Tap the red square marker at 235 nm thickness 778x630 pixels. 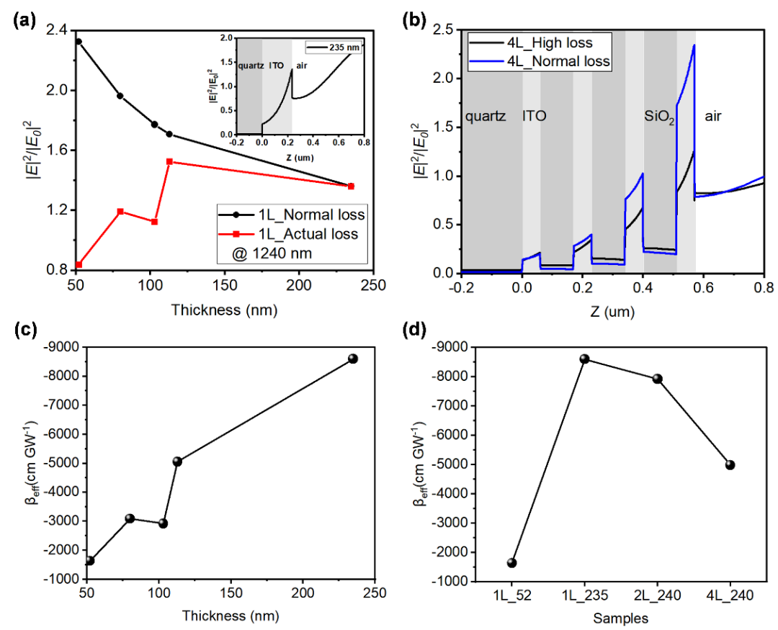pos(351,186)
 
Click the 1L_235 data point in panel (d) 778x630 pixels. pos(585,359)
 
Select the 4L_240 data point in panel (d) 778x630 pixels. pos(730,464)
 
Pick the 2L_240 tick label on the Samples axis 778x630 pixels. pos(657,597)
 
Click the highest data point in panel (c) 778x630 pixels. pos(353,359)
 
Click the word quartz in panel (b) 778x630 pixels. pos(486,115)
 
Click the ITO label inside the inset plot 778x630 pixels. pos(276,64)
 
